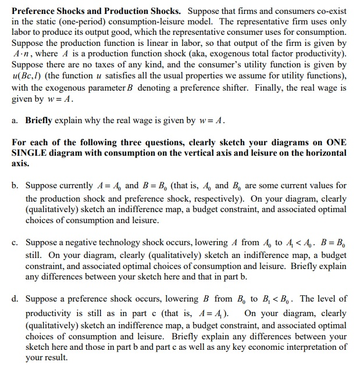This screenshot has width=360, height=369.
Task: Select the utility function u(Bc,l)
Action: pyautogui.click(x=29, y=76)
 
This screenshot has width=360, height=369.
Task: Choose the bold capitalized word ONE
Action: pyautogui.click(x=336, y=142)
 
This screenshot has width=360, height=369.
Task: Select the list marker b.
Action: pyautogui.click(x=15, y=186)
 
